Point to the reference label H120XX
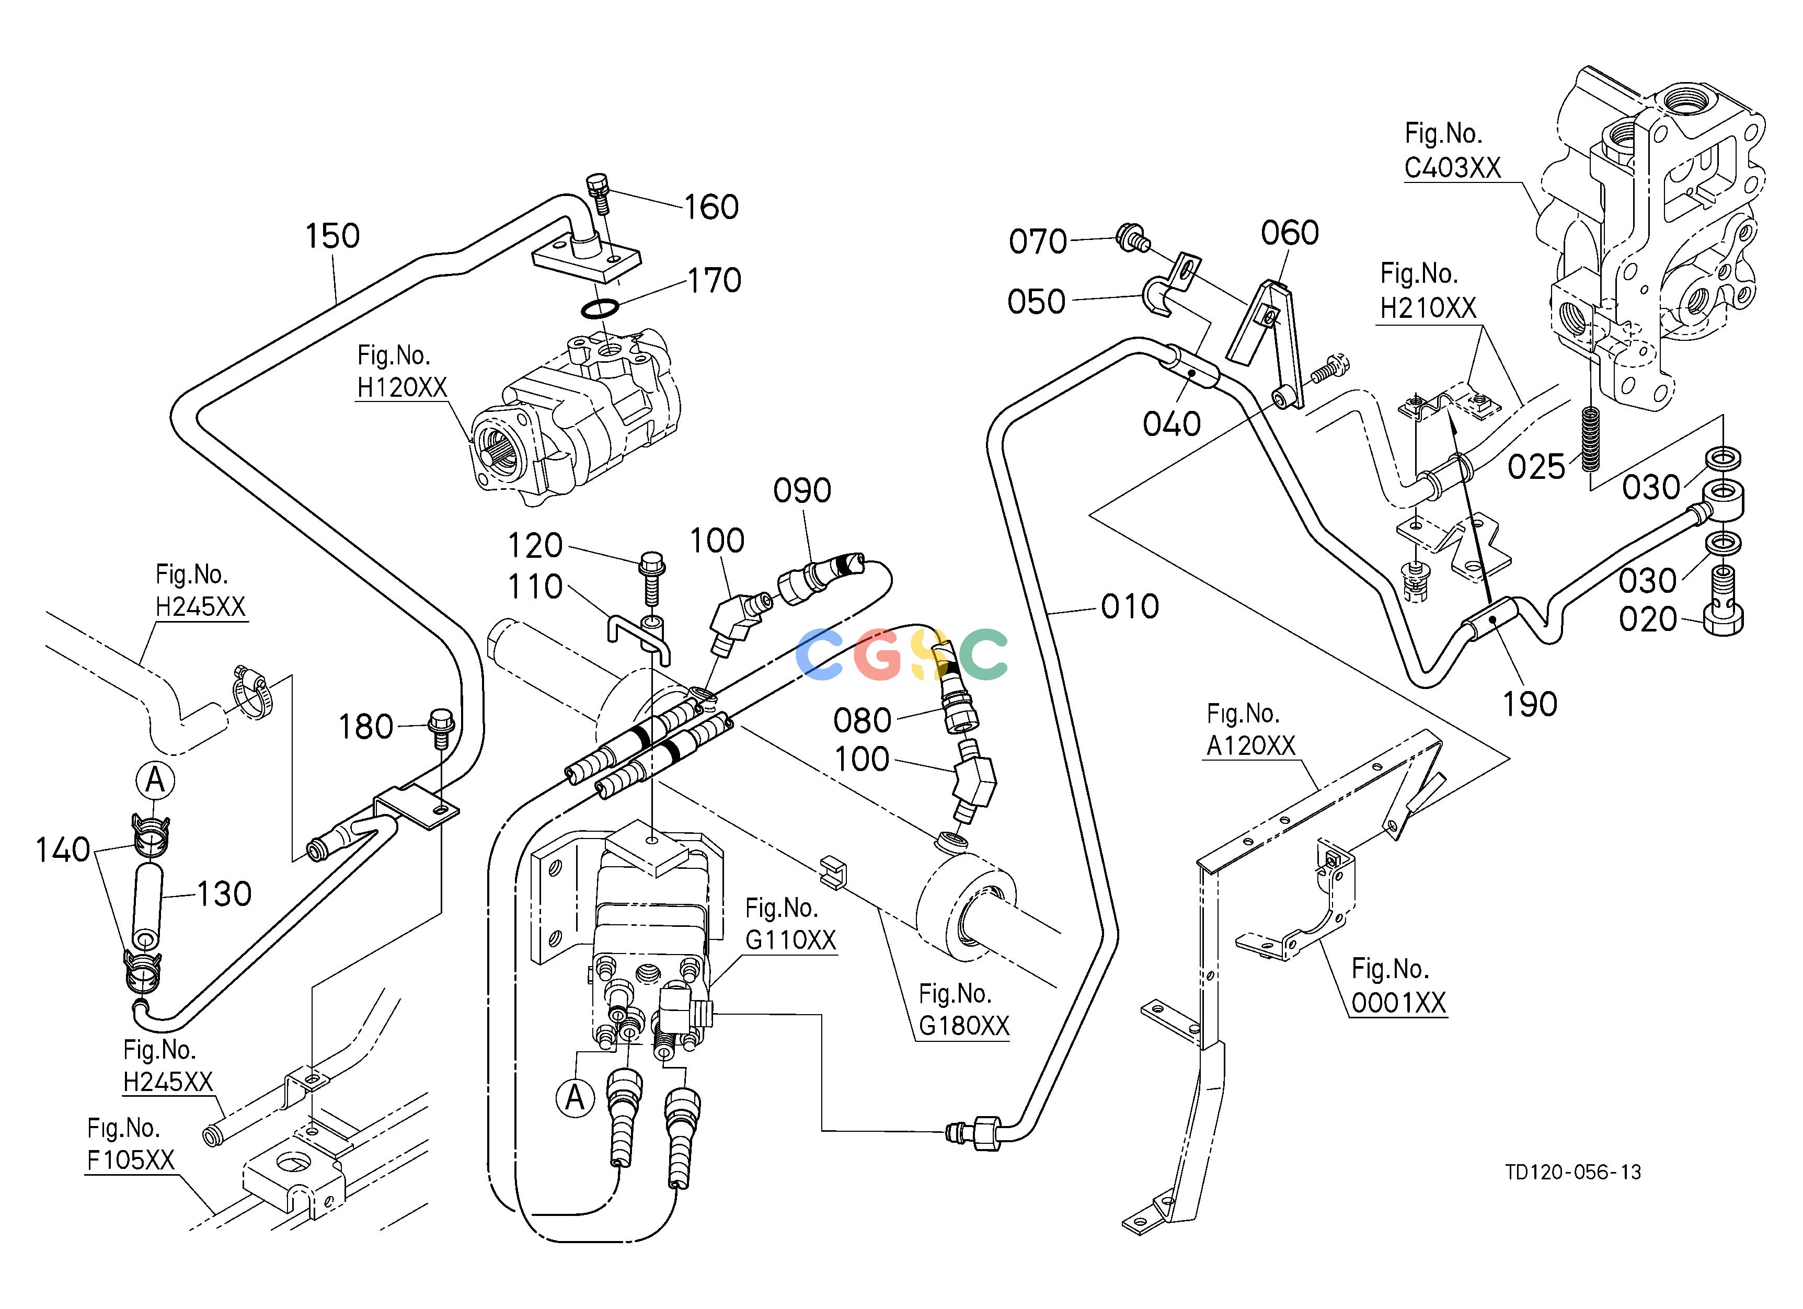point(401,387)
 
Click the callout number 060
point(1290,233)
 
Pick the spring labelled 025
point(1590,438)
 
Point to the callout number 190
point(1530,704)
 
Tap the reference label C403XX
point(1452,168)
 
